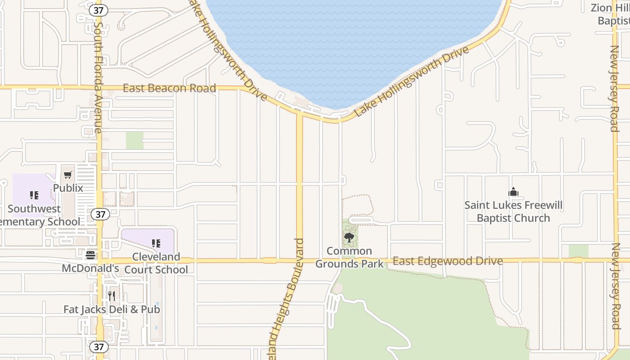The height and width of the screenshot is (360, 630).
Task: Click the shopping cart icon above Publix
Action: pyautogui.click(x=68, y=175)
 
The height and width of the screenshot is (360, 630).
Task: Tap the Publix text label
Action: pyautogui.click(x=68, y=188)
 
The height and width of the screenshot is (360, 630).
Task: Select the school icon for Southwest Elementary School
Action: pyautogui.click(x=34, y=195)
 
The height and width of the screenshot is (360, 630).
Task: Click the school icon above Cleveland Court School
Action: pyautogui.click(x=156, y=243)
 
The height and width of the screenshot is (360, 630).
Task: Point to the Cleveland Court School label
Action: pyautogui.click(x=156, y=263)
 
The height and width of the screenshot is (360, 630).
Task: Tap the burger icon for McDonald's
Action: pyautogui.click(x=90, y=255)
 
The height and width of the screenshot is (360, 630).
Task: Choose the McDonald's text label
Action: pyautogui.click(x=90, y=268)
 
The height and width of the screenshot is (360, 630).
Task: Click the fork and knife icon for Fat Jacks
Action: pyautogui.click(x=112, y=296)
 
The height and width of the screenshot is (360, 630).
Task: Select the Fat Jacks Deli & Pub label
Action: pyautogui.click(x=112, y=309)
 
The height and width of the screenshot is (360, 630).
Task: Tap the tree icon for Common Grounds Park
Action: pyautogui.click(x=349, y=237)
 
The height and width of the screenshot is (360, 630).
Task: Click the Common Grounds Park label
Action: pyautogui.click(x=349, y=257)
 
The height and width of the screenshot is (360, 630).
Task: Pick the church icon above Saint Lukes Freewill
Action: pyautogui.click(x=513, y=192)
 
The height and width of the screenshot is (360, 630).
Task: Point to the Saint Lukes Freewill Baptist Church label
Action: pyautogui.click(x=513, y=211)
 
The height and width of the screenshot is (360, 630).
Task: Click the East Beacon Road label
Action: pyautogui.click(x=169, y=88)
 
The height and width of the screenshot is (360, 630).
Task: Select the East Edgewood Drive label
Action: pyautogui.click(x=448, y=261)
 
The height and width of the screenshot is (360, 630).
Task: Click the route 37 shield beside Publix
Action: pyautogui.click(x=100, y=214)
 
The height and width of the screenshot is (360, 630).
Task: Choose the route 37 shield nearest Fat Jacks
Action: pyautogui.click(x=99, y=347)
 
